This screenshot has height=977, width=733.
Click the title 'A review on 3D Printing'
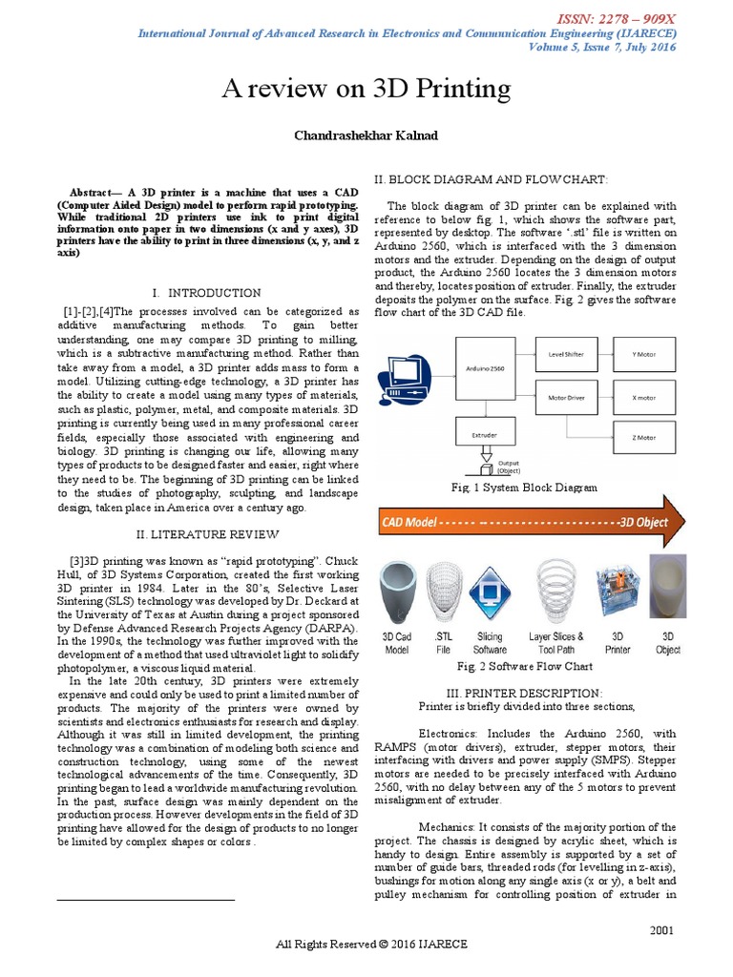click(366, 90)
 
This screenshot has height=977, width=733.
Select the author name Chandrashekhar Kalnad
click(366, 136)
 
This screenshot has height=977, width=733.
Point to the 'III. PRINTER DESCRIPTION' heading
click(525, 692)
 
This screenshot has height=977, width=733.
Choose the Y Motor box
click(644, 354)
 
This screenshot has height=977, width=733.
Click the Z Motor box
click(644, 438)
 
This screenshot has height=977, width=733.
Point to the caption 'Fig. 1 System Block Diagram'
click(525, 488)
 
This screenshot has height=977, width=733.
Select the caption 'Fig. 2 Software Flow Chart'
click(525, 666)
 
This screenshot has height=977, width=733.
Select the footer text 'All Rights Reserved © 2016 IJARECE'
click(371, 945)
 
